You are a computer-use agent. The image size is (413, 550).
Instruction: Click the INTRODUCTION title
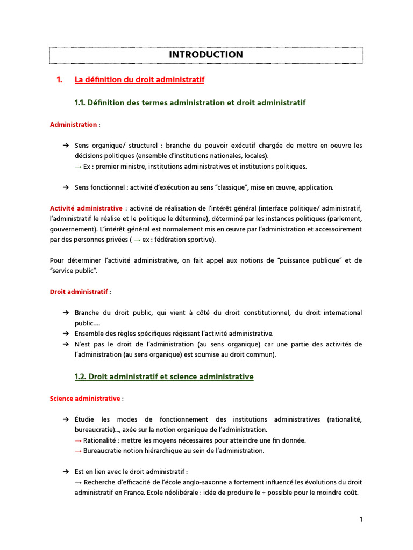coord(206,55)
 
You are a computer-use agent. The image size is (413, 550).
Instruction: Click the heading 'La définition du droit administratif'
coord(139,80)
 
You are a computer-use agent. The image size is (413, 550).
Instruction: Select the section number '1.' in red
coord(60,80)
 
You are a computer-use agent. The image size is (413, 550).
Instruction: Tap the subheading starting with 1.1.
coord(190,102)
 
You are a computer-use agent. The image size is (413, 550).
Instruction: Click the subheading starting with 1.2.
coord(164,377)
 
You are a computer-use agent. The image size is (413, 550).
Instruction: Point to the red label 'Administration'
coord(73,125)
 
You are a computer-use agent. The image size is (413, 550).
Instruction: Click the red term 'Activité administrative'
coord(86,208)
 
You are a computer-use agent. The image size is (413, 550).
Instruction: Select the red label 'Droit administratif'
coord(79,292)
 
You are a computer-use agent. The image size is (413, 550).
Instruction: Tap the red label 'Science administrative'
coord(85,399)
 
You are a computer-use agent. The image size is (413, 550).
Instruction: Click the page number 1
coord(361,519)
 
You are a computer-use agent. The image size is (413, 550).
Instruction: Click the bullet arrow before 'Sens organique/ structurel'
coord(65,146)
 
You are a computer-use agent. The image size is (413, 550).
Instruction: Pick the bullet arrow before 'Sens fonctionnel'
coord(65,187)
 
